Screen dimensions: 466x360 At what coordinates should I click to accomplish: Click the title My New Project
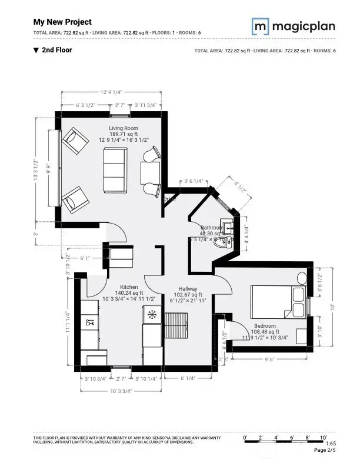[62, 22]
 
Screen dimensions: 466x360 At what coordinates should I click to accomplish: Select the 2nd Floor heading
[57, 50]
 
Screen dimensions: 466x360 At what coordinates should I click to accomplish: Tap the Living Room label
[123, 128]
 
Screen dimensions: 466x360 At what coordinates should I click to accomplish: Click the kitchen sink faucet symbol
[90, 322]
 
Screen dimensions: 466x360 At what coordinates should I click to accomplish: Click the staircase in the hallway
[176, 325]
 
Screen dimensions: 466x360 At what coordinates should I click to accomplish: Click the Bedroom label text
[265, 325]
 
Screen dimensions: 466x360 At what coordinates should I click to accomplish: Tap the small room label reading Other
[171, 200]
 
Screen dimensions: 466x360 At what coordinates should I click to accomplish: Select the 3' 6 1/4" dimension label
[194, 181]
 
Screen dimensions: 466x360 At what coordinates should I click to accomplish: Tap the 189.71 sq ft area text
[123, 134]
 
